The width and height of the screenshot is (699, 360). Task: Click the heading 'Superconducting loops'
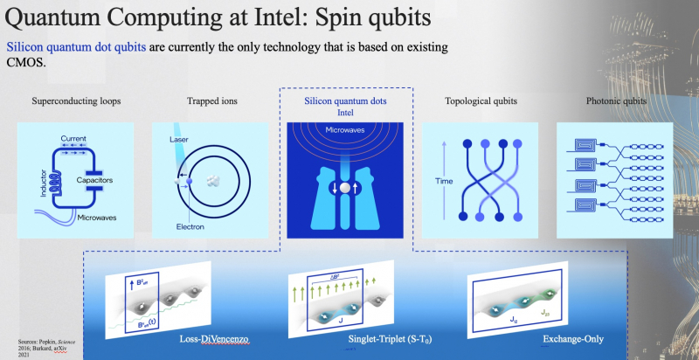(x=77, y=101)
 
